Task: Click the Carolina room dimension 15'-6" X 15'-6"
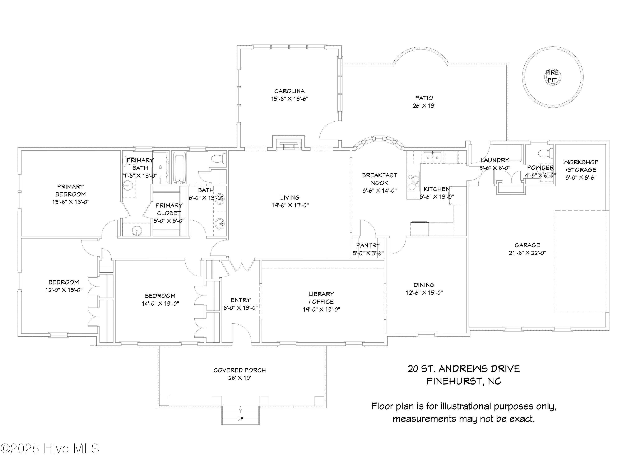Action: (289, 99)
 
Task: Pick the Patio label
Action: (424, 98)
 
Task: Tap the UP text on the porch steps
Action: (240, 419)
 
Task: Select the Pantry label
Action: (368, 245)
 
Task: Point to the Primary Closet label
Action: (169, 209)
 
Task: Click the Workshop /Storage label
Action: (581, 166)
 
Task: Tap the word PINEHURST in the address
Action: (454, 381)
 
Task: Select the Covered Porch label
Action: (240, 370)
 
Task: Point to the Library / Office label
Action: (321, 298)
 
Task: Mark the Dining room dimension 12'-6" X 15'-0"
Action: (424, 293)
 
